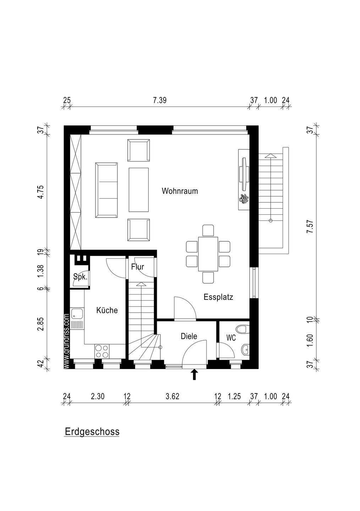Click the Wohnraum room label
click(x=180, y=191)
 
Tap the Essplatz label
click(x=218, y=297)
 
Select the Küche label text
click(x=107, y=310)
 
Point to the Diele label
click(x=189, y=336)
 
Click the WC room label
click(x=231, y=338)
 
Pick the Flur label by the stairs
click(x=138, y=267)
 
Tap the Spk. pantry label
click(x=80, y=277)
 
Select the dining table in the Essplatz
click(x=208, y=254)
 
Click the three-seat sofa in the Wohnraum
click(x=106, y=190)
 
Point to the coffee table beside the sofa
click(x=139, y=190)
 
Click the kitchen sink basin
click(x=74, y=314)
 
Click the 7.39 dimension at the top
click(x=160, y=100)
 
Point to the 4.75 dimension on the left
click(x=40, y=192)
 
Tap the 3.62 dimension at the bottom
click(x=172, y=396)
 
